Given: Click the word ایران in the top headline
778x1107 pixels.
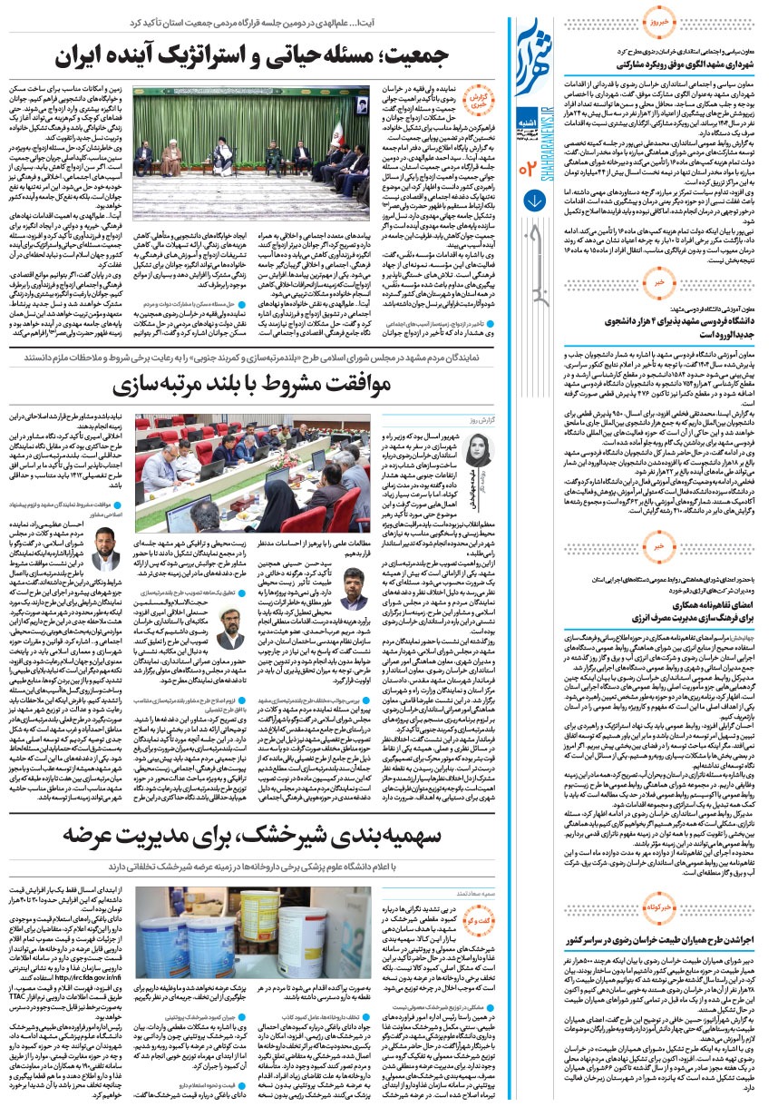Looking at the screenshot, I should click(84, 55).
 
